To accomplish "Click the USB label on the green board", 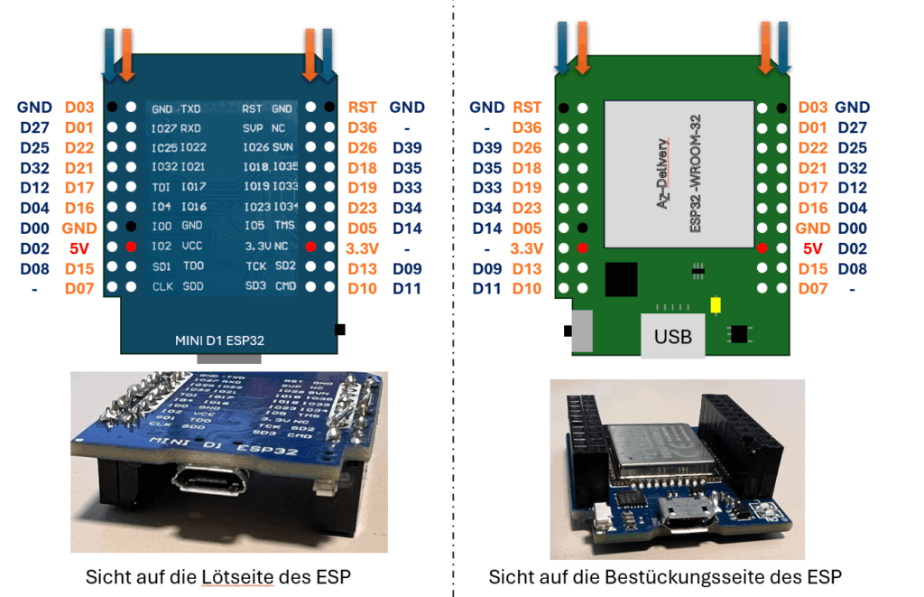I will [x=674, y=336].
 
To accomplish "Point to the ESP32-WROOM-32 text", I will [x=696, y=185].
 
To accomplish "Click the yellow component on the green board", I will [x=716, y=304].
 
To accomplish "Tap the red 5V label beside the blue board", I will [x=79, y=247].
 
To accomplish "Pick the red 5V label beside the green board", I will [x=812, y=247].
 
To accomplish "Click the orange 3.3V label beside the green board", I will [x=527, y=247].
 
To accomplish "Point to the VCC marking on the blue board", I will [x=193, y=246].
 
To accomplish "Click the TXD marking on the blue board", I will [x=191, y=108].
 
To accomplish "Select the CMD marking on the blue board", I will [x=285, y=286].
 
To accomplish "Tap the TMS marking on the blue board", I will [x=285, y=226].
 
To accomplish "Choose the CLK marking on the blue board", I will [x=162, y=286].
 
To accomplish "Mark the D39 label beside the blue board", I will [x=408, y=148].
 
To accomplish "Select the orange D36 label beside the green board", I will [x=527, y=128].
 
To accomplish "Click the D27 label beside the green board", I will [x=852, y=128].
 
